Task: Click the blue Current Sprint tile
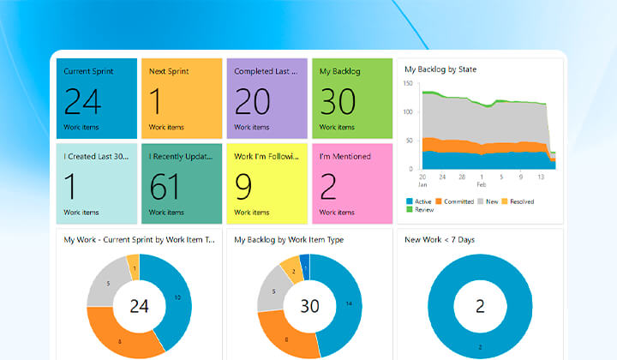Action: [97, 99]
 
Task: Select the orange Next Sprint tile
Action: [182, 99]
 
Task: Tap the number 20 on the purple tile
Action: [252, 101]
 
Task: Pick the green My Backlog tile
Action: [352, 99]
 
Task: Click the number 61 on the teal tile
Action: [165, 187]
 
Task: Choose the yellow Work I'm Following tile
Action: [267, 183]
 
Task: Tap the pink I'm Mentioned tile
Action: [352, 183]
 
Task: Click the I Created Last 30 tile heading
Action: [96, 156]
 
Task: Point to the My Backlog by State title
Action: [440, 69]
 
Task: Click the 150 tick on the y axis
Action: [408, 83]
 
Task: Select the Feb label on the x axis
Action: [482, 184]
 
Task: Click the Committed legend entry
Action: [454, 201]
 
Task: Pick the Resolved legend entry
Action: [518, 201]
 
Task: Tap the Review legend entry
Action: [420, 210]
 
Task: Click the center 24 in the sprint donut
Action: [140, 306]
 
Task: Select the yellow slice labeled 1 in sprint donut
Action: [134, 267]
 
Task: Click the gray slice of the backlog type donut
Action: [272, 290]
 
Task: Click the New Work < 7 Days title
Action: [440, 240]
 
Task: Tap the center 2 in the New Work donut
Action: [480, 306]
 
